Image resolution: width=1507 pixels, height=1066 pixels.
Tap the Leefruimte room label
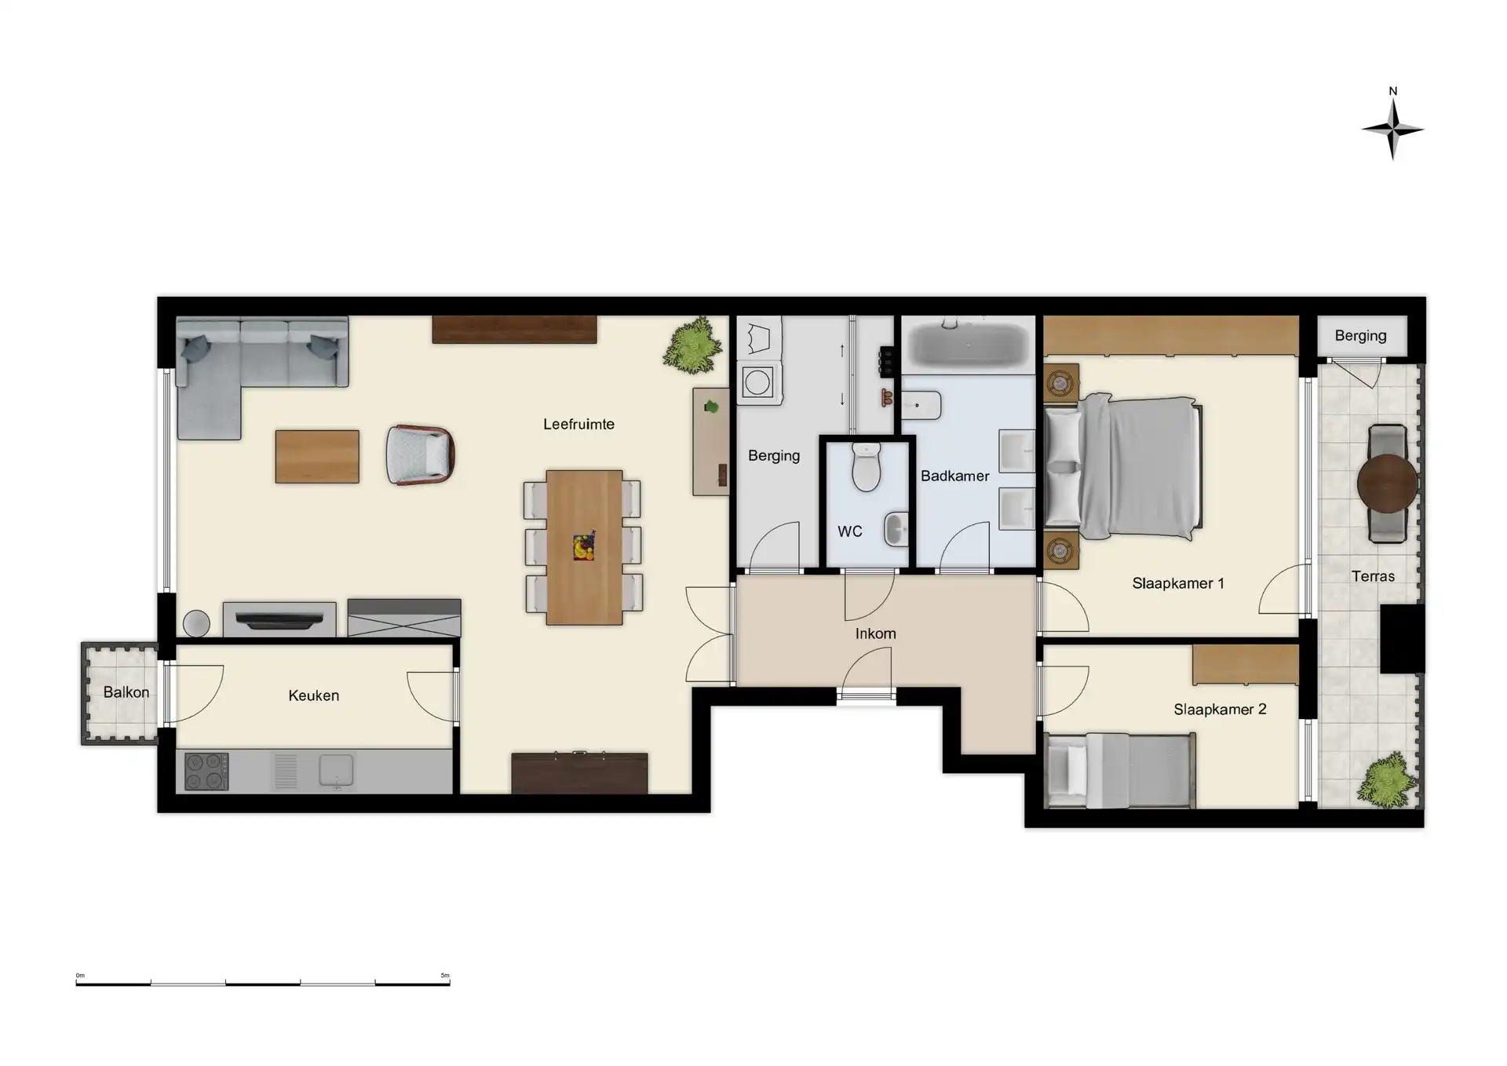578,424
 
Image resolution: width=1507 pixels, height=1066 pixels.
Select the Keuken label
313,695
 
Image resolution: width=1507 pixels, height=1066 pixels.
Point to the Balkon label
126,692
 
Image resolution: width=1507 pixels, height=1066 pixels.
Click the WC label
850,531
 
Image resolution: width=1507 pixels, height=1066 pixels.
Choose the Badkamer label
955,476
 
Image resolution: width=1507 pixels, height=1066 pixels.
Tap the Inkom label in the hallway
876,633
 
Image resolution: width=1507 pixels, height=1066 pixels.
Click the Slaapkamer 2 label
1221,710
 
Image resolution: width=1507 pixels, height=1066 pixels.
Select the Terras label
1374,576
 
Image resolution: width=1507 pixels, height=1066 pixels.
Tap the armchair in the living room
421,455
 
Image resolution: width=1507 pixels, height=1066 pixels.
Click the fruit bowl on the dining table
584,546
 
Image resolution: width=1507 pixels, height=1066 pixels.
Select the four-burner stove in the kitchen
206,771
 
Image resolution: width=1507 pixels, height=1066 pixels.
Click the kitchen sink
336,771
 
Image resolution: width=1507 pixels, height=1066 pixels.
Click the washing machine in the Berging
758,382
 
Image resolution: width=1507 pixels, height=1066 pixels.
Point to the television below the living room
279,621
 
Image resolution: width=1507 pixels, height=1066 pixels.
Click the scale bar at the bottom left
263,982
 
